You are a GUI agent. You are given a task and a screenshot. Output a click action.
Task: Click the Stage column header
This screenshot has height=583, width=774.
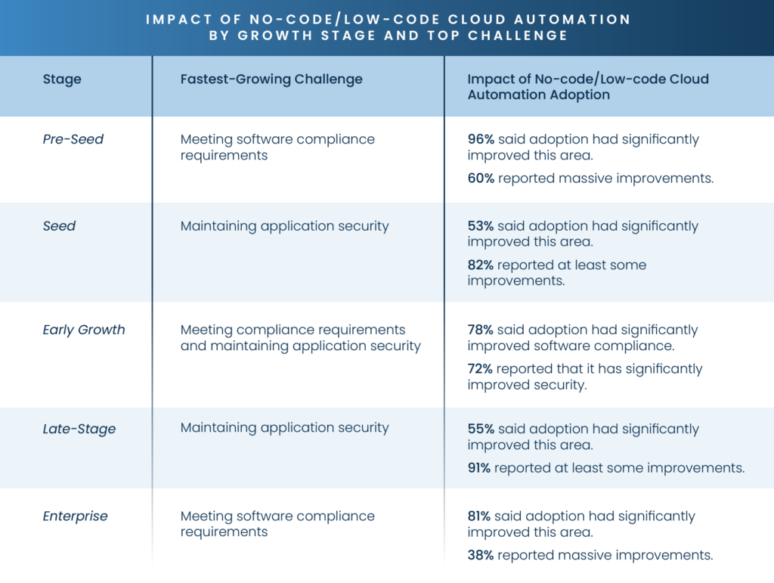pos(62,79)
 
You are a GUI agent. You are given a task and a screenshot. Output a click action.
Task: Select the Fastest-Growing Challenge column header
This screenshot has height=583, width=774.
pos(271,79)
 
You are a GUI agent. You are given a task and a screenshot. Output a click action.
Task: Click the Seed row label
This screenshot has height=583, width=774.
pos(59,226)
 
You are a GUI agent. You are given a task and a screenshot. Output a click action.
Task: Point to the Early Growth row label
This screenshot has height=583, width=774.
pos(84,330)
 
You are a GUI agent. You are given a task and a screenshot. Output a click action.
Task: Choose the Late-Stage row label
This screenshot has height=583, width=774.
pos(79,429)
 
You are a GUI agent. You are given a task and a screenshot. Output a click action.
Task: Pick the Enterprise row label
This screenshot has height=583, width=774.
pos(75,516)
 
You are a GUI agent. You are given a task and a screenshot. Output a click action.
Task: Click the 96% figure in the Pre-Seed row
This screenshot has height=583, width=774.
pos(481,139)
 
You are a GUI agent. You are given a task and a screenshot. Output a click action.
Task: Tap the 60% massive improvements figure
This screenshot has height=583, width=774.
pos(481,178)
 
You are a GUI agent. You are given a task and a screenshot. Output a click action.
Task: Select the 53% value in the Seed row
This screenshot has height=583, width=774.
pos(481,226)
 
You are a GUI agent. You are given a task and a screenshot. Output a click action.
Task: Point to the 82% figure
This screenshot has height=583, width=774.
pos(481,265)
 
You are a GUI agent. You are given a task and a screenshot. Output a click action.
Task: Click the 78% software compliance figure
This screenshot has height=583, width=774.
pos(481,330)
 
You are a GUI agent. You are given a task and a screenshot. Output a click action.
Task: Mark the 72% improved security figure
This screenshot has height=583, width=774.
pos(481,369)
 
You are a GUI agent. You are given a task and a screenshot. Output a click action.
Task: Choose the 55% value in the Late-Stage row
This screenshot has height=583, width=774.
pos(481,429)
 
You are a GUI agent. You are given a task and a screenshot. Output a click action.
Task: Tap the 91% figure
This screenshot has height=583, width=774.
pos(479,468)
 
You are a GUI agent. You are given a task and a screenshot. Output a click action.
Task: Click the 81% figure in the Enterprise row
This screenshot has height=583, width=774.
pos(480,516)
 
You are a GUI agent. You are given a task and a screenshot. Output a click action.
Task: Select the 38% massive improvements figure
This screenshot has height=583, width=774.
pos(481,556)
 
